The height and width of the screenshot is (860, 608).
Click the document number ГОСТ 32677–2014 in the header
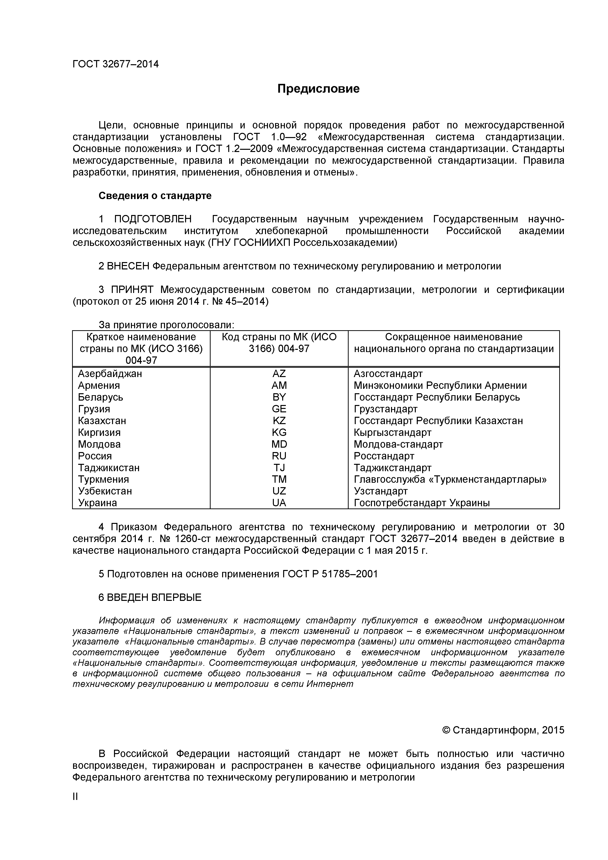click(x=115, y=64)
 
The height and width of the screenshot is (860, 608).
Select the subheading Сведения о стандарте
click(x=155, y=196)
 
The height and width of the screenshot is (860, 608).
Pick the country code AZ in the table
click(x=279, y=373)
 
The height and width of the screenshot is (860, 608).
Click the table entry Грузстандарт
click(x=385, y=409)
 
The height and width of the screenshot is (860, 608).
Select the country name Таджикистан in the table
click(x=109, y=468)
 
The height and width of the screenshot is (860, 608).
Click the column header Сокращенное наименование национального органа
click(x=453, y=343)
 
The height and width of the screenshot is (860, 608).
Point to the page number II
click(x=75, y=796)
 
